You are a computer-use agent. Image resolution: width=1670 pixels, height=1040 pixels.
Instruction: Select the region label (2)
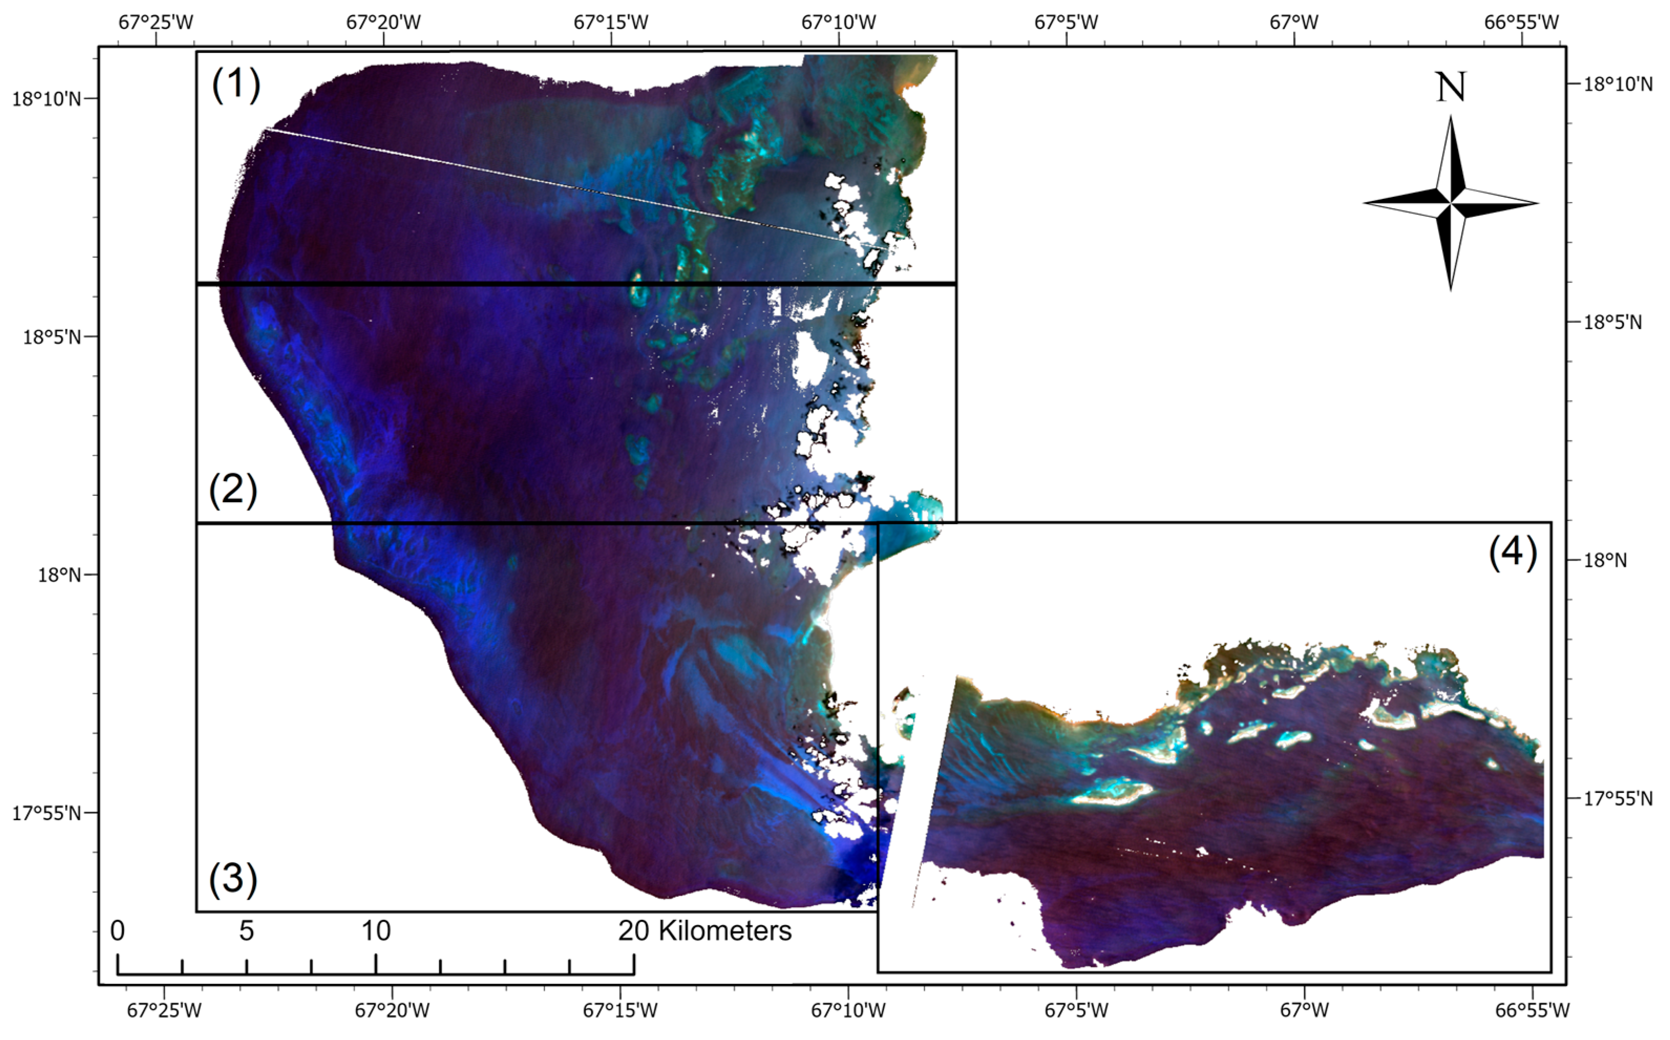click(233, 491)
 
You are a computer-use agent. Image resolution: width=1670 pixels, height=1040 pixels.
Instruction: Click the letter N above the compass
click(1451, 88)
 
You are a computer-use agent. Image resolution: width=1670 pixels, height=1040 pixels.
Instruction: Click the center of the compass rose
click(1451, 203)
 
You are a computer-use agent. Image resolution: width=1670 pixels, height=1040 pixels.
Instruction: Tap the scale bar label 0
click(118, 931)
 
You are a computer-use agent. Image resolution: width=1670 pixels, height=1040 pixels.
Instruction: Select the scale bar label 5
click(246, 931)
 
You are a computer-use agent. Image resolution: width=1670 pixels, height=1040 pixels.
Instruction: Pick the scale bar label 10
click(376, 931)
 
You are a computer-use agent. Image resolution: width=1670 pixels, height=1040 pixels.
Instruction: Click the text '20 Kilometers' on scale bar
click(704, 931)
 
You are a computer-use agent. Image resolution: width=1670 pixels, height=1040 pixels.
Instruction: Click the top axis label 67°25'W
click(156, 23)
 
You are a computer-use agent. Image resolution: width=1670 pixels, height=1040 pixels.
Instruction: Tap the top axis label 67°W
click(1294, 23)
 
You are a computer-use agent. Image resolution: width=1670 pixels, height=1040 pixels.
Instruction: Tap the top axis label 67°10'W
click(839, 23)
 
